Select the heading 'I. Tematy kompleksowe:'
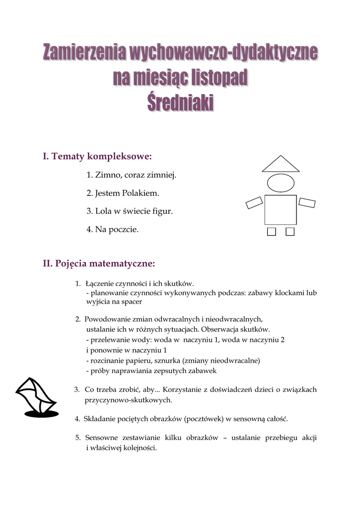click(97, 157)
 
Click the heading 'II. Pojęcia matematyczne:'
click(99, 263)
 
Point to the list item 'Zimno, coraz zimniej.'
click(132, 175)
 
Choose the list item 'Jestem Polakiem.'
click(123, 193)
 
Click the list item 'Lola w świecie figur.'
click(130, 211)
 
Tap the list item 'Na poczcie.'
click(112, 229)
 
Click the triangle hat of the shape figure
click(281, 164)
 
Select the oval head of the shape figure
click(281, 183)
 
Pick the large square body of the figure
click(281, 210)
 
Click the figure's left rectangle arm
click(254, 202)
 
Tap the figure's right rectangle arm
click(307, 202)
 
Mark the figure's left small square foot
click(271, 232)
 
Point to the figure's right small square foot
click(290, 232)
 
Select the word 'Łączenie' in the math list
click(99, 284)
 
